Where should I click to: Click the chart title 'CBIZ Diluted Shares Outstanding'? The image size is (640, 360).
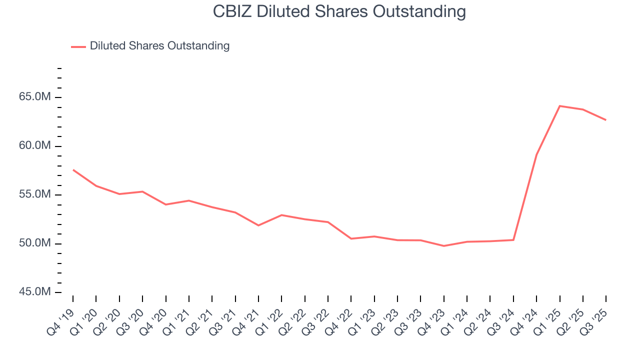point(339,11)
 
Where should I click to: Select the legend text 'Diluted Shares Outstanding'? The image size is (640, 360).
point(159,46)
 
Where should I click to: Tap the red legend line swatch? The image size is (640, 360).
point(78,46)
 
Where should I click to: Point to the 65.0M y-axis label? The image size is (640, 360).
point(34,97)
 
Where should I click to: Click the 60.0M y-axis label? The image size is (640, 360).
point(34,146)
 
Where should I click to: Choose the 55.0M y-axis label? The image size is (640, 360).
point(34,194)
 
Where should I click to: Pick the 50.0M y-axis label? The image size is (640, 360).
point(34,243)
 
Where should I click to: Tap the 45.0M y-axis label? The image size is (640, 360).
point(34,292)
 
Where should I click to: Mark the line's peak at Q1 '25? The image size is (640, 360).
point(559,106)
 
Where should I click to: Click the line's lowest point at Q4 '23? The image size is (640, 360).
point(443,246)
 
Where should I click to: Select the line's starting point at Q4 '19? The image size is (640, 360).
point(73,170)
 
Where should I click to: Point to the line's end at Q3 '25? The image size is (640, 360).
point(605,120)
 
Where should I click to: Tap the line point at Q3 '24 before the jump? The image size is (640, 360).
point(513,240)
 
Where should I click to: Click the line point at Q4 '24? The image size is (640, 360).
point(536,154)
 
